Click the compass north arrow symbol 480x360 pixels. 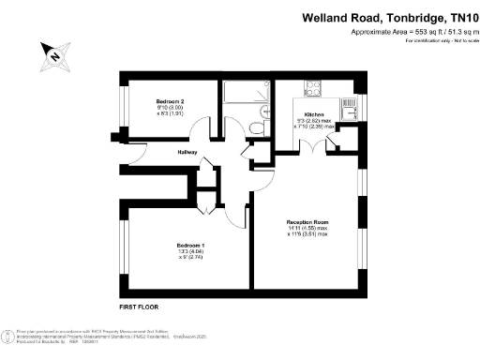53,55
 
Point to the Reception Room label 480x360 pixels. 307,222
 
